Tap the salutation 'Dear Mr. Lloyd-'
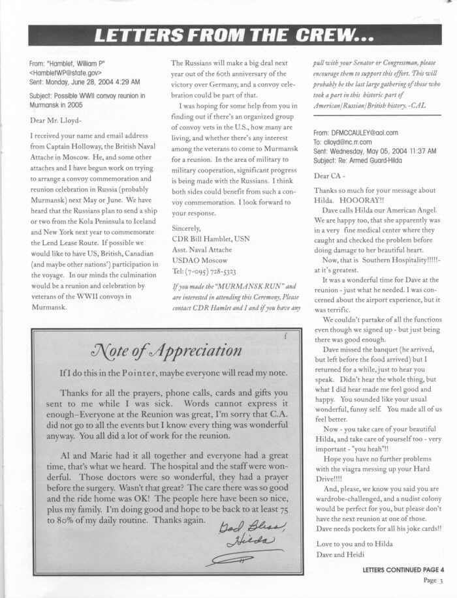tap(57, 120)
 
